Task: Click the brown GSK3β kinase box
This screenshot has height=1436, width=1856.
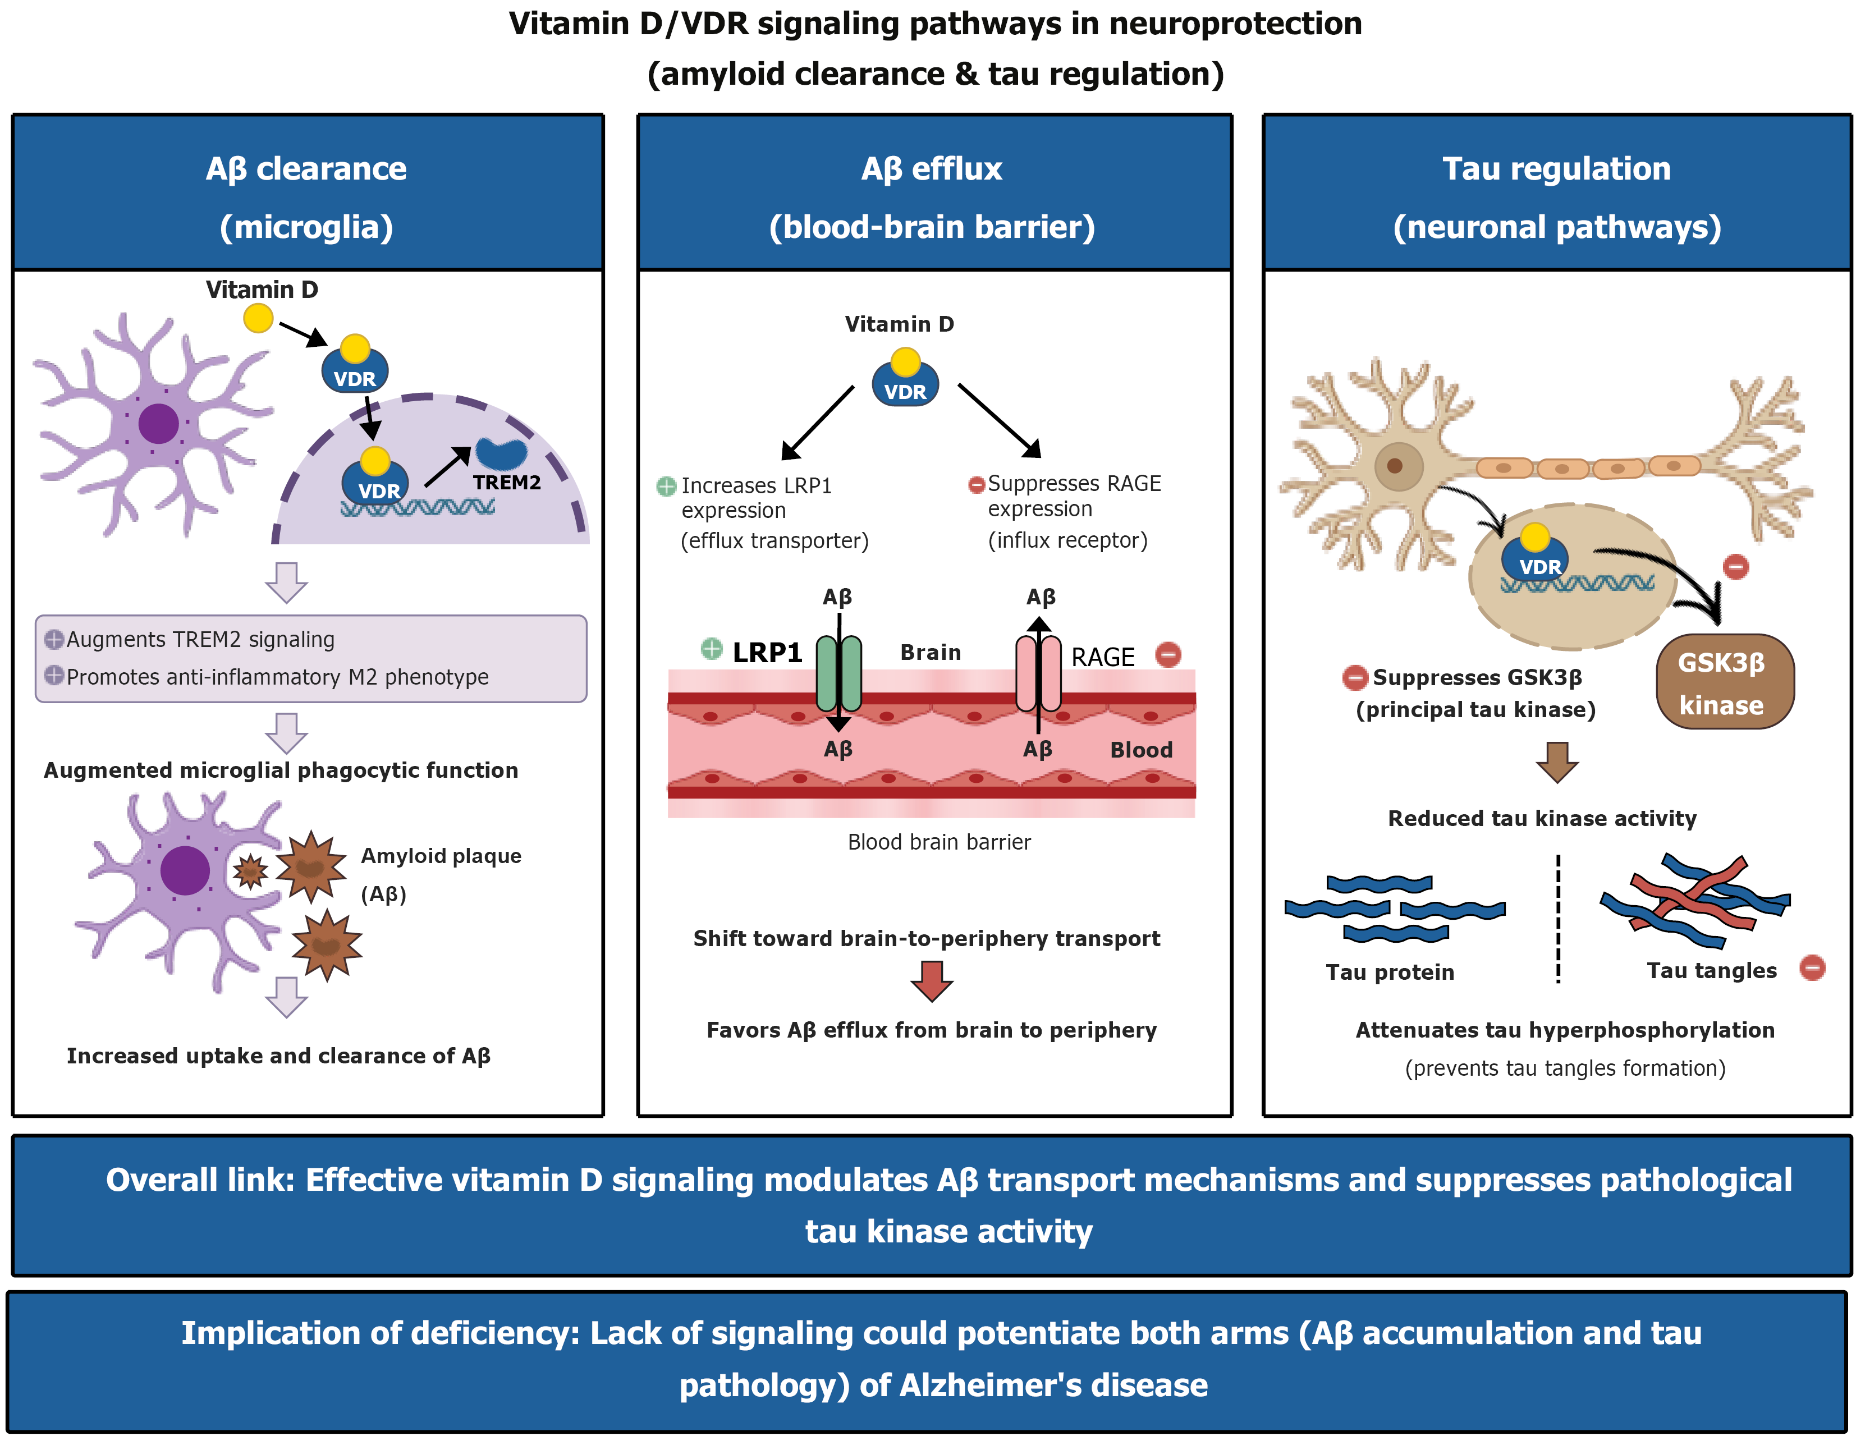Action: click(x=1724, y=681)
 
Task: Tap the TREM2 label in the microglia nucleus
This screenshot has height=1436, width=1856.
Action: click(x=506, y=483)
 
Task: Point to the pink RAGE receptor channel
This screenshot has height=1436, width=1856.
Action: click(x=1038, y=674)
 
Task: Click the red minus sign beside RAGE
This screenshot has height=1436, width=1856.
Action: click(x=1168, y=654)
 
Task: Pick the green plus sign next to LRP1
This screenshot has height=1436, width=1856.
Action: click(x=711, y=649)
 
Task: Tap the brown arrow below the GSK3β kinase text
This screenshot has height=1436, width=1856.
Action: click(x=1557, y=761)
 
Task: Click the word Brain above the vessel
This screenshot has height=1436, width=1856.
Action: click(x=931, y=653)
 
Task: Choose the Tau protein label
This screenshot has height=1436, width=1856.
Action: click(x=1390, y=972)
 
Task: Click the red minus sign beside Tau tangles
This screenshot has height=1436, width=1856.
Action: click(x=1812, y=968)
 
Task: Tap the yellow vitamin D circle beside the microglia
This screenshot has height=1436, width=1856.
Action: click(x=258, y=319)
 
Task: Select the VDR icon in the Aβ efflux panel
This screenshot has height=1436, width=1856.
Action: click(x=905, y=382)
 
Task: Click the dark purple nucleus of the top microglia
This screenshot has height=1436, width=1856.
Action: click(x=158, y=423)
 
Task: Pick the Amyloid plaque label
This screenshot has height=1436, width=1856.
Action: click(x=441, y=856)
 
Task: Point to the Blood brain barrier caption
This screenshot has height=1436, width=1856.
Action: click(x=939, y=842)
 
